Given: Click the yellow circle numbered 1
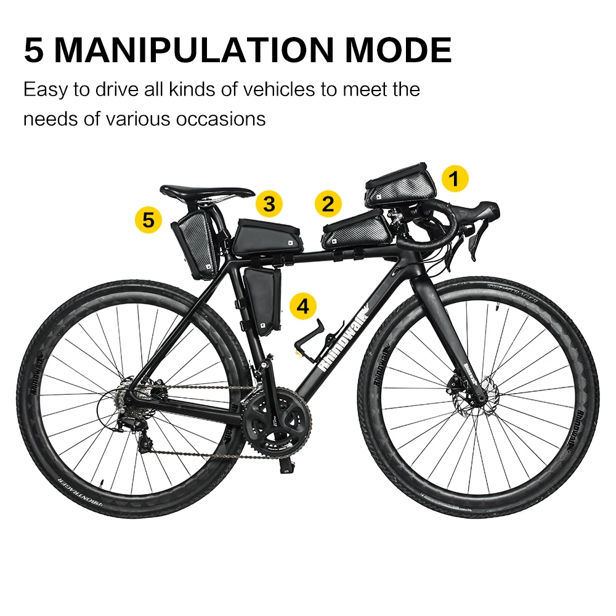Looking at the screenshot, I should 454,179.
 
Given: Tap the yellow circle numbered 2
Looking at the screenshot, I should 328,204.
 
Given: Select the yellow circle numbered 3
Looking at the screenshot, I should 270,203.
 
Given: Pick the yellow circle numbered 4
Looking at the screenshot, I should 303,306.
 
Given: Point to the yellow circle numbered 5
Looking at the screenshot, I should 148,219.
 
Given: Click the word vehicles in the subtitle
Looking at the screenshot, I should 277,90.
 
